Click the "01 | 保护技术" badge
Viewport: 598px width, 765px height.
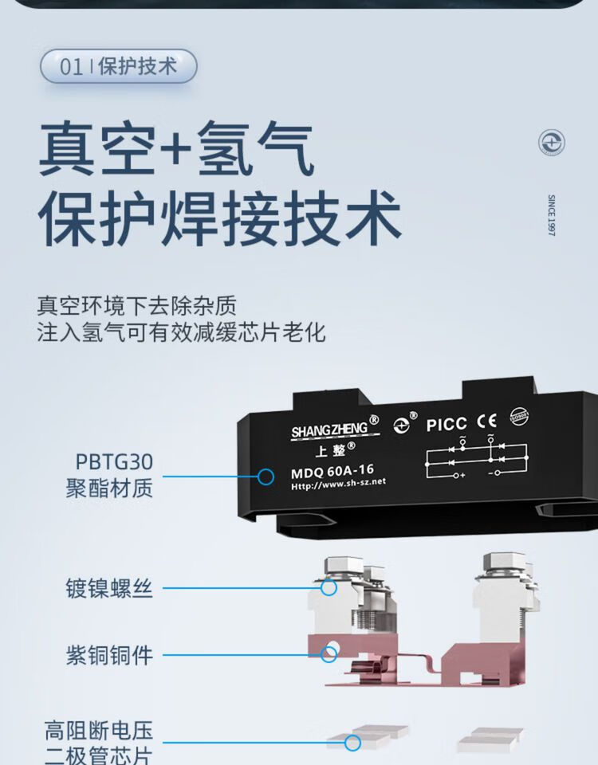click(118, 66)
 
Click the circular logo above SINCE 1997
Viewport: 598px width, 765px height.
click(551, 143)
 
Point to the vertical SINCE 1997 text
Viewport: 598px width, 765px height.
click(551, 215)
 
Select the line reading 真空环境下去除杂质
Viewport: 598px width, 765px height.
click(137, 305)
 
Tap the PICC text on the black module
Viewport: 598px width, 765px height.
click(446, 425)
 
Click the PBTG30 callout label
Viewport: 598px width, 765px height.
click(114, 462)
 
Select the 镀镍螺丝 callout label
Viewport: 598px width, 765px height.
click(109, 590)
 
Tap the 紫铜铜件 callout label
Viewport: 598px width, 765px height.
click(109, 656)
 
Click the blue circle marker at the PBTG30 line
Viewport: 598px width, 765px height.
click(266, 477)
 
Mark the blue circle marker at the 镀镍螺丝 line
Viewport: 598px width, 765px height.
click(329, 588)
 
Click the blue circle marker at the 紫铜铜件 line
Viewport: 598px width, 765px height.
click(329, 654)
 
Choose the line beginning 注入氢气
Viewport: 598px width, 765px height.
click(181, 332)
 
